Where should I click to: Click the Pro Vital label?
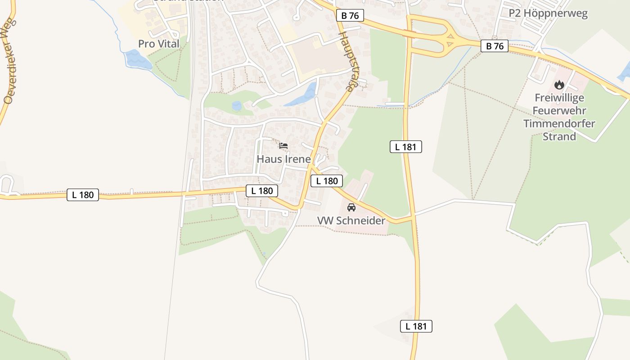tap(158, 44)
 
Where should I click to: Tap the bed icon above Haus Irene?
tap(283, 146)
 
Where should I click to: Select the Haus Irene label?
tap(283, 159)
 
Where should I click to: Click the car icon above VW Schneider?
tap(351, 207)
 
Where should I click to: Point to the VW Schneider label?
tap(351, 220)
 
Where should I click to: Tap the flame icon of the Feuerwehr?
tap(559, 85)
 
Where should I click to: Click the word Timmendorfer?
tap(559, 123)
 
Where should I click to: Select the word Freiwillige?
tap(559, 98)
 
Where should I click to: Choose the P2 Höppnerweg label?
tap(548, 13)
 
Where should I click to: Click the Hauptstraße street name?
tap(346, 62)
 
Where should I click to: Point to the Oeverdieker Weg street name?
tap(9, 61)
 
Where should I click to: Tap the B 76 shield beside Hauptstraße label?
tap(350, 16)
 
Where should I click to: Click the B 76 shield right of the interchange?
tap(495, 46)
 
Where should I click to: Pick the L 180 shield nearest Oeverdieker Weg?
tap(83, 194)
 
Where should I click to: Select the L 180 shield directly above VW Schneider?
tap(327, 181)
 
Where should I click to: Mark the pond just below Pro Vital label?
tap(138, 60)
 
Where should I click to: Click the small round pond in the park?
tap(236, 106)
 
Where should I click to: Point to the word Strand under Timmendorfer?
tap(559, 136)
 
